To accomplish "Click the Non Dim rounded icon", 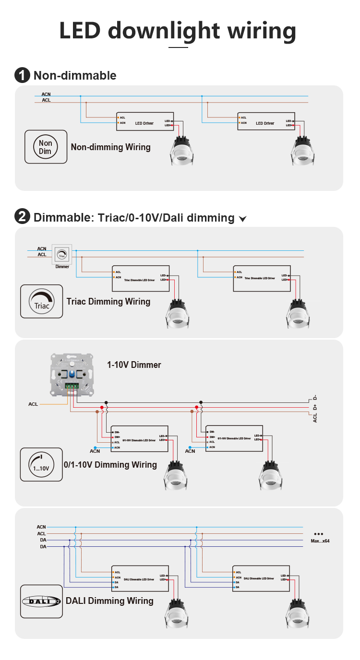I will coord(46,147).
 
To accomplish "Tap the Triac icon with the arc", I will coord(41,301).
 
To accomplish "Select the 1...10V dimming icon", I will coord(41,464).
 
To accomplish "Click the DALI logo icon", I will coord(41,601).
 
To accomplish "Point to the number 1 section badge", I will coord(22,75).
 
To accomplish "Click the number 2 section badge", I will coord(22,217).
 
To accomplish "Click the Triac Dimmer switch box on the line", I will coord(62,254).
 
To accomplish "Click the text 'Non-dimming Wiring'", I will coord(110,147).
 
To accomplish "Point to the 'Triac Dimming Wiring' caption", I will coord(108,302).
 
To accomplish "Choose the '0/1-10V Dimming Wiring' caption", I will coord(110,465).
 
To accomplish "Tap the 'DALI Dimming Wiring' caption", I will coord(109,601).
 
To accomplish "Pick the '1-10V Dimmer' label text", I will coord(134,365).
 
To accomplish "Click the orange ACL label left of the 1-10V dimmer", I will coord(33,404).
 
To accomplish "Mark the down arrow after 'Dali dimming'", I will coord(243,219).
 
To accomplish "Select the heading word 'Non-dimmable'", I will coord(75,75).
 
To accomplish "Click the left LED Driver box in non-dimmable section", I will coord(144,122).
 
